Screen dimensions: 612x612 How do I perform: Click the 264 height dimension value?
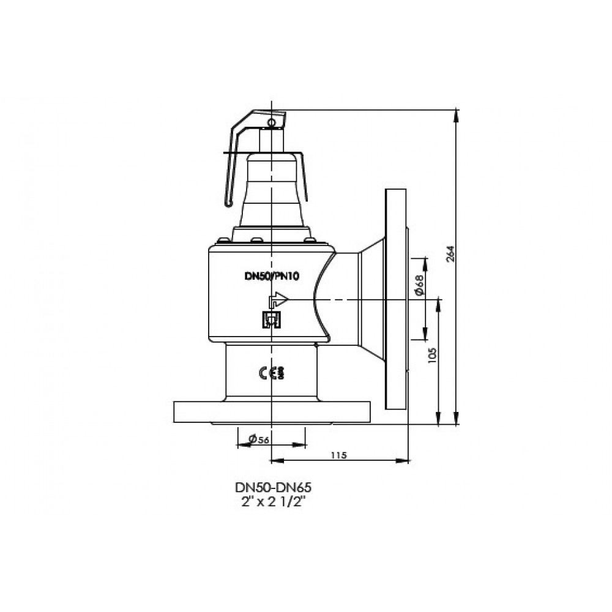pyautogui.click(x=452, y=253)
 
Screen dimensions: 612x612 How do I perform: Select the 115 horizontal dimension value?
pyautogui.click(x=338, y=455)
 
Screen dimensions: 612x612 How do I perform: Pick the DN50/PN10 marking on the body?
pyautogui.click(x=272, y=276)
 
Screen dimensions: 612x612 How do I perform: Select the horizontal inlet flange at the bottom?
pyautogui.click(x=272, y=412)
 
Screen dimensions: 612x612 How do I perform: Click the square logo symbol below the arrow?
pyautogui.click(x=270, y=319)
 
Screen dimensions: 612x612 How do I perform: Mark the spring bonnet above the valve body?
pyautogui.click(x=272, y=190)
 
